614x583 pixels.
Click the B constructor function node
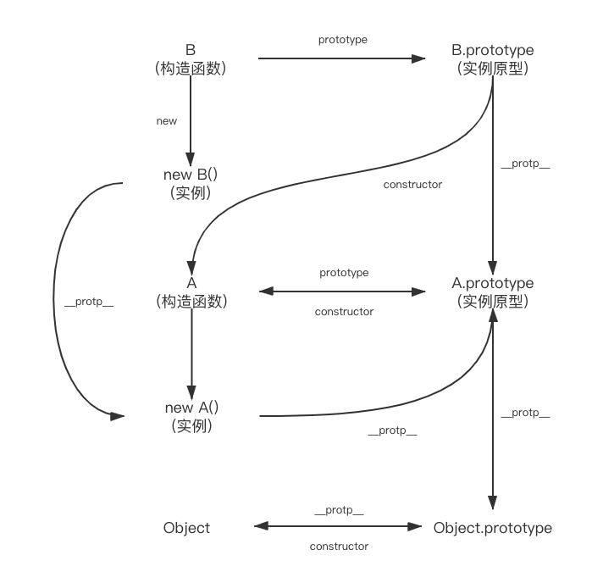click(191, 59)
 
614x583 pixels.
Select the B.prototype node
click(493, 59)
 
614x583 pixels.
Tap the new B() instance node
click(191, 184)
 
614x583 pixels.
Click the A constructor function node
click(191, 291)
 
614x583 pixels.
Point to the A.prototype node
click(494, 291)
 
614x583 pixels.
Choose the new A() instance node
click(191, 416)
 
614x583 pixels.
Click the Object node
click(186, 528)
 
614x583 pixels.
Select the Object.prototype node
click(492, 528)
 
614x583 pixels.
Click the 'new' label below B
click(167, 121)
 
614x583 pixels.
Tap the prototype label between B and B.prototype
click(343, 40)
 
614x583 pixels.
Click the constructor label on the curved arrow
click(412, 184)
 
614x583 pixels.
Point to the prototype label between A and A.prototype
click(344, 273)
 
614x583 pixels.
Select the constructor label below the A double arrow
click(344, 312)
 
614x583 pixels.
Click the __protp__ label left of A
click(89, 303)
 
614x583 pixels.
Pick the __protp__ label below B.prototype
click(525, 164)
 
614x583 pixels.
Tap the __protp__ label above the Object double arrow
click(339, 510)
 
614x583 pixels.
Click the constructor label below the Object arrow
click(339, 547)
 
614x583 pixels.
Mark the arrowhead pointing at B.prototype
click(419, 58)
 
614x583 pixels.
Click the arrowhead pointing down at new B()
click(191, 158)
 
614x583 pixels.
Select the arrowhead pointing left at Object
click(259, 527)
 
